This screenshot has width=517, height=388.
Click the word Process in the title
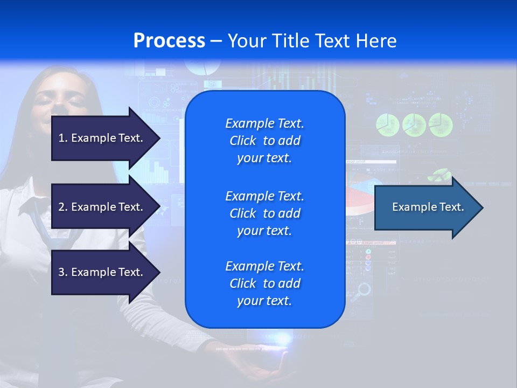pos(169,41)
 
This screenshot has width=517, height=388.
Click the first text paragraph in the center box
pos(264,141)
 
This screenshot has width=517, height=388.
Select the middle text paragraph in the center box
pos(264,213)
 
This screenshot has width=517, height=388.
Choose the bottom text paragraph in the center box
pos(264,283)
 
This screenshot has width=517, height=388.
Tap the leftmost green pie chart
pos(387,125)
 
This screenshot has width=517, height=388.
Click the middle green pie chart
pos(414,125)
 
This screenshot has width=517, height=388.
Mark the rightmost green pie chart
pos(441,125)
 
